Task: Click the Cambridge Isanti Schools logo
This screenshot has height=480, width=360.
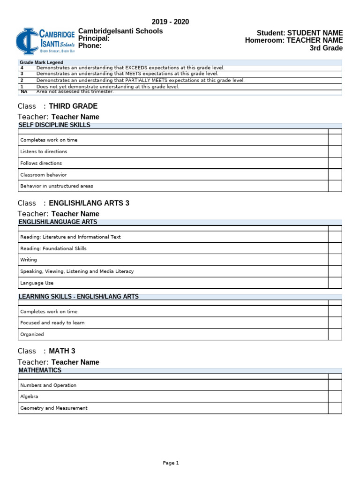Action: [x=45, y=41]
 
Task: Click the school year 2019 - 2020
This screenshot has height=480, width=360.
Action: [x=170, y=22]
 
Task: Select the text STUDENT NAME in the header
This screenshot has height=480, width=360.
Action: [x=315, y=33]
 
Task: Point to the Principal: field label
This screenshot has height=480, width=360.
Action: [x=94, y=38]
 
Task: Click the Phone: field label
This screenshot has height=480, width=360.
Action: [x=90, y=46]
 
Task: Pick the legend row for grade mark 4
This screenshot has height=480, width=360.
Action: [x=130, y=68]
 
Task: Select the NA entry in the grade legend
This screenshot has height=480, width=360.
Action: [x=24, y=92]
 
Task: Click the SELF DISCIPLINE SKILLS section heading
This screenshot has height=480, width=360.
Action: [x=54, y=125]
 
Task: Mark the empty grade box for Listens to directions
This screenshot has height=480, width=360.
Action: [x=335, y=151]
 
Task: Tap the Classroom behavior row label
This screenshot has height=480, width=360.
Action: [x=44, y=175]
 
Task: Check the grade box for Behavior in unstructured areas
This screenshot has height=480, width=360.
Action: [x=335, y=186]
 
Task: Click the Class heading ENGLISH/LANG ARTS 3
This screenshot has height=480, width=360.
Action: [x=89, y=203]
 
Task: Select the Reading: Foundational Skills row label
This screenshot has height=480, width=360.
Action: [x=53, y=248]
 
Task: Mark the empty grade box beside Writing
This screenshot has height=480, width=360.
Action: [x=335, y=260]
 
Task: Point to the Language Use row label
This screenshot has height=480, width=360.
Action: [x=37, y=283]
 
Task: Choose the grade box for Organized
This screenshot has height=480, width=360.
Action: [x=335, y=334]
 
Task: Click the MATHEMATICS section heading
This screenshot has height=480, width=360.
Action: [x=40, y=370]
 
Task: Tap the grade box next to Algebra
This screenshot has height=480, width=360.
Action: [x=335, y=397]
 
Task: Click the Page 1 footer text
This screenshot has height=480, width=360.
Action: [x=171, y=463]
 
